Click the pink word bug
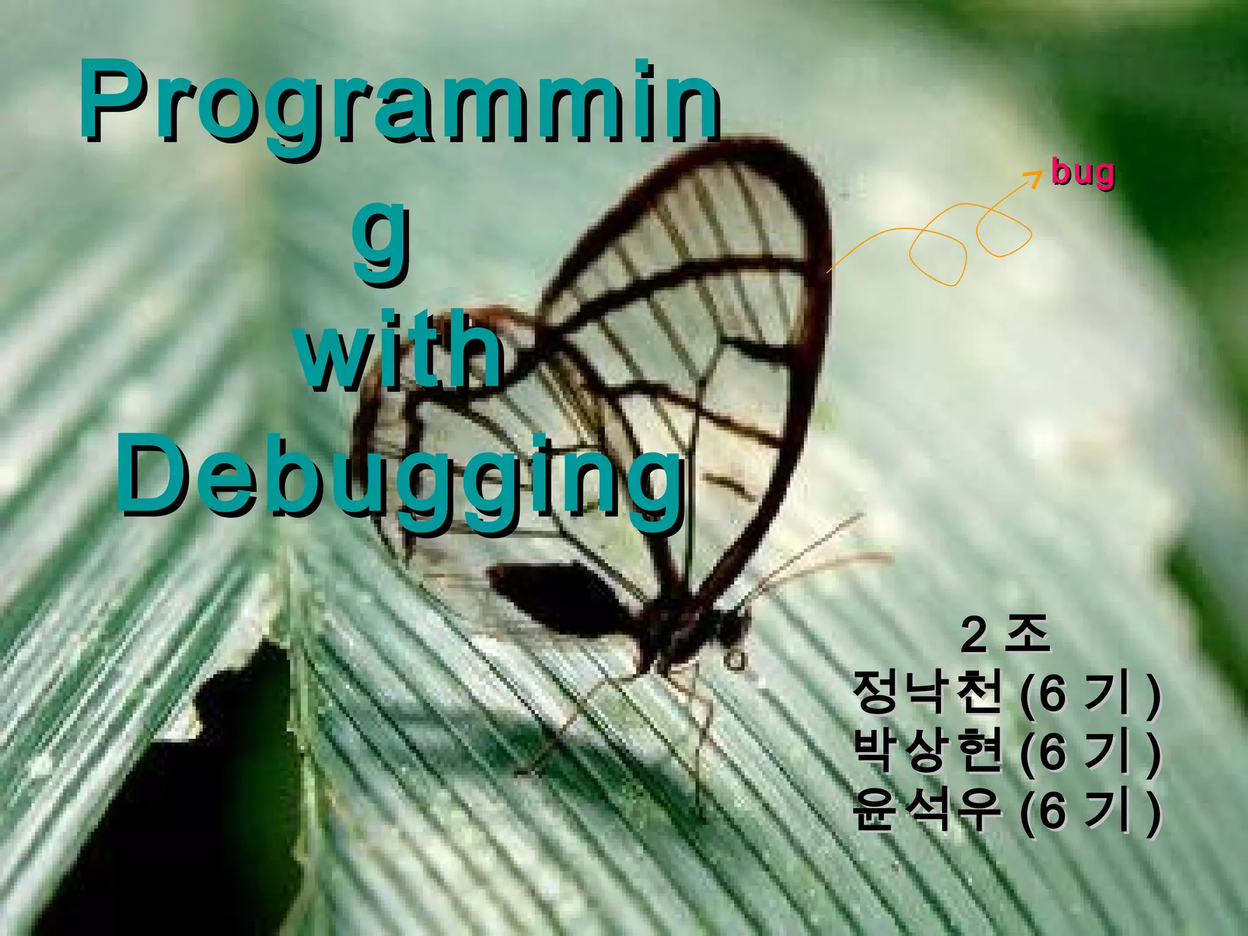tap(1083, 172)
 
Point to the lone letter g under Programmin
tap(381, 241)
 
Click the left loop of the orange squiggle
tap(938, 256)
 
